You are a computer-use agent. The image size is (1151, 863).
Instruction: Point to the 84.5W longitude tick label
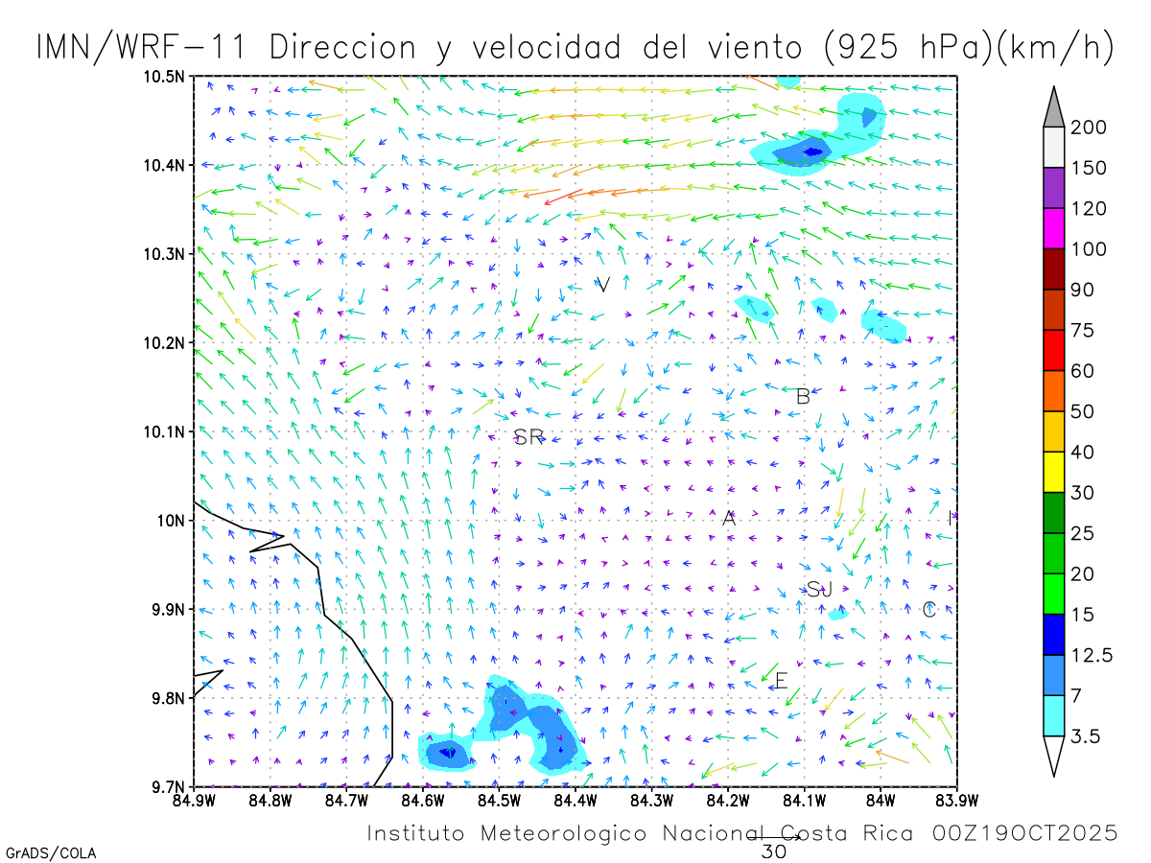(498, 799)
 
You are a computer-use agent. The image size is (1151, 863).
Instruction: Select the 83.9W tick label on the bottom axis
(955, 799)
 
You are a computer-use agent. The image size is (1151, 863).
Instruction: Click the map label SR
(529, 437)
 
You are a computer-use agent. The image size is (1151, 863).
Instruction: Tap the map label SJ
(819, 590)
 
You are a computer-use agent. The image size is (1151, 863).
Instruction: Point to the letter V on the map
(603, 284)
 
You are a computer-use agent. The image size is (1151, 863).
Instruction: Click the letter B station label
(803, 396)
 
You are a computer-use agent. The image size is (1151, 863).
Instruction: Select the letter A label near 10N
(729, 519)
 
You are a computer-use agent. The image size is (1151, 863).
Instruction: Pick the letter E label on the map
(781, 681)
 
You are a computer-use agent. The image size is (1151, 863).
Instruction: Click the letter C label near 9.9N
(928, 610)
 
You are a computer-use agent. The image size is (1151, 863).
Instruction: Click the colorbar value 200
(1089, 128)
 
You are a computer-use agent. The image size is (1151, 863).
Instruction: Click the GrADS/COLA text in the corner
(51, 852)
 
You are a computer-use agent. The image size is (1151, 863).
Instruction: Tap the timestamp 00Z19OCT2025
(1024, 833)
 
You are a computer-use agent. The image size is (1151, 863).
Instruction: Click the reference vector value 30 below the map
(773, 851)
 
